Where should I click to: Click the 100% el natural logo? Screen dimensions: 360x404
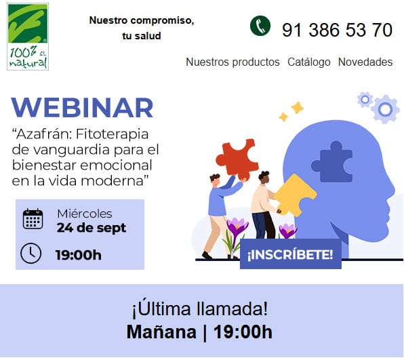pos(28,37)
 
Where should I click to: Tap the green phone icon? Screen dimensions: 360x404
pos(260,27)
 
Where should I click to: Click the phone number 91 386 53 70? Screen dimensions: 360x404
pos(337,30)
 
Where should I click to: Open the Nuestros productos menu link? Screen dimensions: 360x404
pos(233,62)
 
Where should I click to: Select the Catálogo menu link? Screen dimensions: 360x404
pos(309,62)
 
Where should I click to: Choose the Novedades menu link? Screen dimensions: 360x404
pos(365,62)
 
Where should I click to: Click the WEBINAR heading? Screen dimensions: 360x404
pos(83,108)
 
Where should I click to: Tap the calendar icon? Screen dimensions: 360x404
pos(33,219)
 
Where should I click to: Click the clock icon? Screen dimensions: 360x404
pos(31,254)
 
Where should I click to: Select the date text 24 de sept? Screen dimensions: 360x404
pos(92,228)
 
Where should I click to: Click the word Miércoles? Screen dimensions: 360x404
pos(85,214)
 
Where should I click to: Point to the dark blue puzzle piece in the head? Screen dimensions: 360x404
pos(331,162)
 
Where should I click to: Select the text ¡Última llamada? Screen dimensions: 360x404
pos(200,309)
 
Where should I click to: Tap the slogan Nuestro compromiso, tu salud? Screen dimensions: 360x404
pos(142,28)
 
